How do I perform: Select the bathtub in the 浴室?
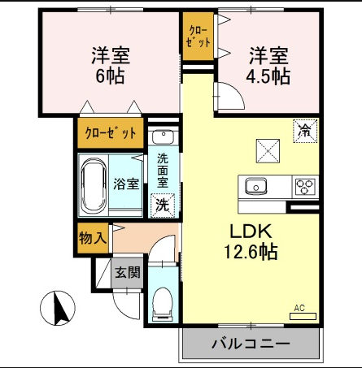pyautogui.click(x=94, y=185)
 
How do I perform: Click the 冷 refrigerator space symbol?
pyautogui.click(x=305, y=131)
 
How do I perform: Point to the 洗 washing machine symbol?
pyautogui.click(x=163, y=206)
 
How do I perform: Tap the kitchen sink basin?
pyautogui.click(x=255, y=186)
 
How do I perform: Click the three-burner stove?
pyautogui.click(x=305, y=186)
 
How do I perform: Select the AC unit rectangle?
pyautogui.click(x=303, y=316)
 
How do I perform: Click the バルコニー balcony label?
pyautogui.click(x=251, y=344)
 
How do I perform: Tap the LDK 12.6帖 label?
pyautogui.click(x=251, y=241)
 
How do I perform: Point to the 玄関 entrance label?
pyautogui.click(x=128, y=272)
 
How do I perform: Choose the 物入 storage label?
pyautogui.click(x=93, y=238)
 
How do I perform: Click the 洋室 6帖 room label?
pyautogui.click(x=111, y=66)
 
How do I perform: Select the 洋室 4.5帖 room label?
pyautogui.click(x=268, y=66)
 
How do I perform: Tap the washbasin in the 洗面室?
pyautogui.click(x=163, y=136)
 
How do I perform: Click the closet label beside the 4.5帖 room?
pyautogui.click(x=198, y=37)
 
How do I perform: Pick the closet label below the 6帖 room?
pyautogui.click(x=111, y=132)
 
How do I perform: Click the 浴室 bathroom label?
pyautogui.click(x=126, y=184)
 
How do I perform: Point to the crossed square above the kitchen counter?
pyautogui.click(x=268, y=151)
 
